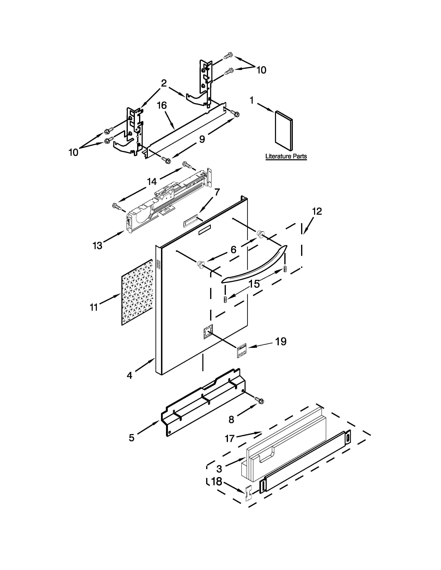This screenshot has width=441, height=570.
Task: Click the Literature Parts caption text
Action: tap(286, 156)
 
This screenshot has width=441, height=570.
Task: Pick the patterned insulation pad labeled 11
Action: tap(137, 292)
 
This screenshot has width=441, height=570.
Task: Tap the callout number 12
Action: tap(317, 211)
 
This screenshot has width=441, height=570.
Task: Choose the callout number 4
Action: tap(130, 376)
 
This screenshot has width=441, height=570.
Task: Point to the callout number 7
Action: tap(217, 192)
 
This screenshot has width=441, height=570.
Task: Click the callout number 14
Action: tap(152, 181)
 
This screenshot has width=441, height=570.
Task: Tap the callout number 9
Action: tap(202, 139)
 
